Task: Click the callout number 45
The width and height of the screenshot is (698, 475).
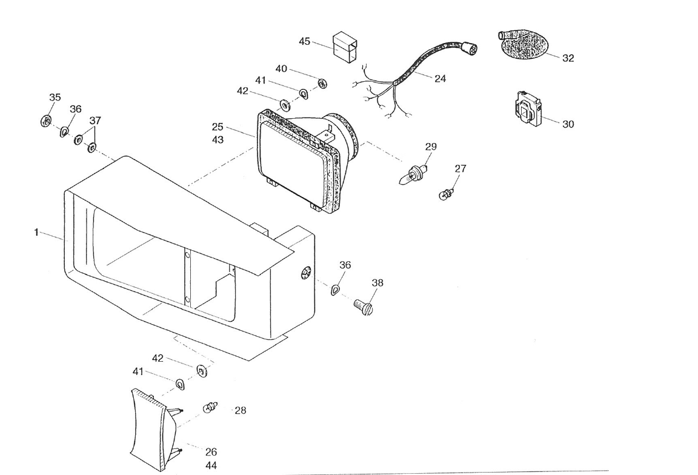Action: tap(304, 41)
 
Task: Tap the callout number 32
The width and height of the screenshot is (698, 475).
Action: tap(568, 58)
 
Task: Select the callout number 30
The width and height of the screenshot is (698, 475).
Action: tap(568, 124)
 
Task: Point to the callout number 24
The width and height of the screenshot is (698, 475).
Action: tap(440, 79)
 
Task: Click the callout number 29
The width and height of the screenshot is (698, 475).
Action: tap(431, 147)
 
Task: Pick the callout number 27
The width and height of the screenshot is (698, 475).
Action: tap(460, 168)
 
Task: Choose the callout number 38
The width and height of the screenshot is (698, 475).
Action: tap(377, 282)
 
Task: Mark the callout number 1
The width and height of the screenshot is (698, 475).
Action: tap(36, 232)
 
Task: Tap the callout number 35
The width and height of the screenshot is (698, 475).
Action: tap(55, 97)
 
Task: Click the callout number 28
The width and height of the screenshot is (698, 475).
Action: tap(240, 410)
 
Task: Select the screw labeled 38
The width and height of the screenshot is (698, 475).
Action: tap(363, 306)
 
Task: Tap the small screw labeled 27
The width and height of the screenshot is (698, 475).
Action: tap(447, 194)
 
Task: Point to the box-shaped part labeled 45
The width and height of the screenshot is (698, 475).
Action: tap(345, 47)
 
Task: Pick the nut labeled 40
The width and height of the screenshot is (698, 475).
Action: tap(322, 82)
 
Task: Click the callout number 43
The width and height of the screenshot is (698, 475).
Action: tap(218, 140)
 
